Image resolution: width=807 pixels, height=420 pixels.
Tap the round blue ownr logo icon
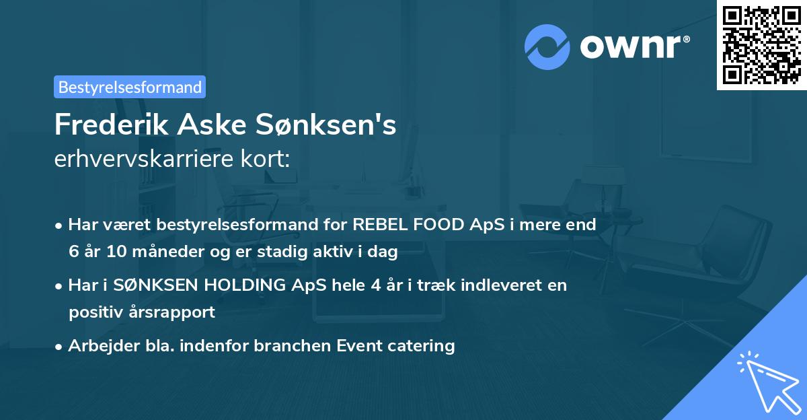547,46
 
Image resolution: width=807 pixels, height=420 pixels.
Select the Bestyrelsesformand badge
130,87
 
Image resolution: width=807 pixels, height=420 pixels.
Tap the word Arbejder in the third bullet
97,346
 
